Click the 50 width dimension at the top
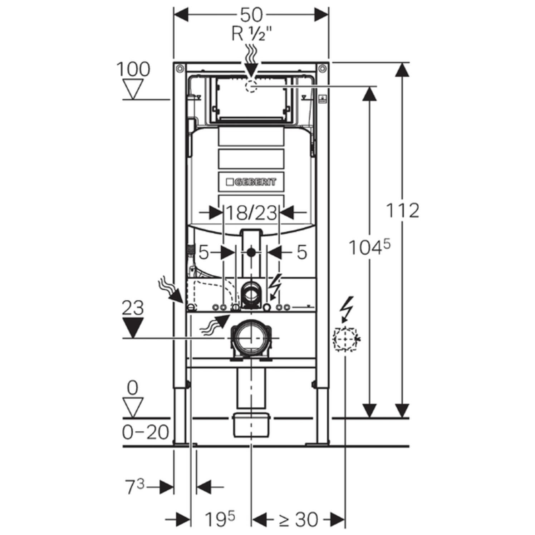(251, 15)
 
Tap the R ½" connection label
(251, 34)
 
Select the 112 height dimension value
(402, 211)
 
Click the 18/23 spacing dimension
(251, 213)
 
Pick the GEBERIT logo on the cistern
(251, 182)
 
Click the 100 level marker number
(133, 69)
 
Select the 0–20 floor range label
(145, 433)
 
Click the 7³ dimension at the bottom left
(135, 487)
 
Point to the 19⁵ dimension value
(220, 519)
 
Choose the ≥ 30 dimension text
(298, 519)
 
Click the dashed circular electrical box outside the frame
(345, 338)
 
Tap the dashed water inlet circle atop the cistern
(251, 86)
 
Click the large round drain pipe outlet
(251, 338)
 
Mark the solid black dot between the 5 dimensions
(251, 252)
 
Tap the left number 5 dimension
(203, 252)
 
